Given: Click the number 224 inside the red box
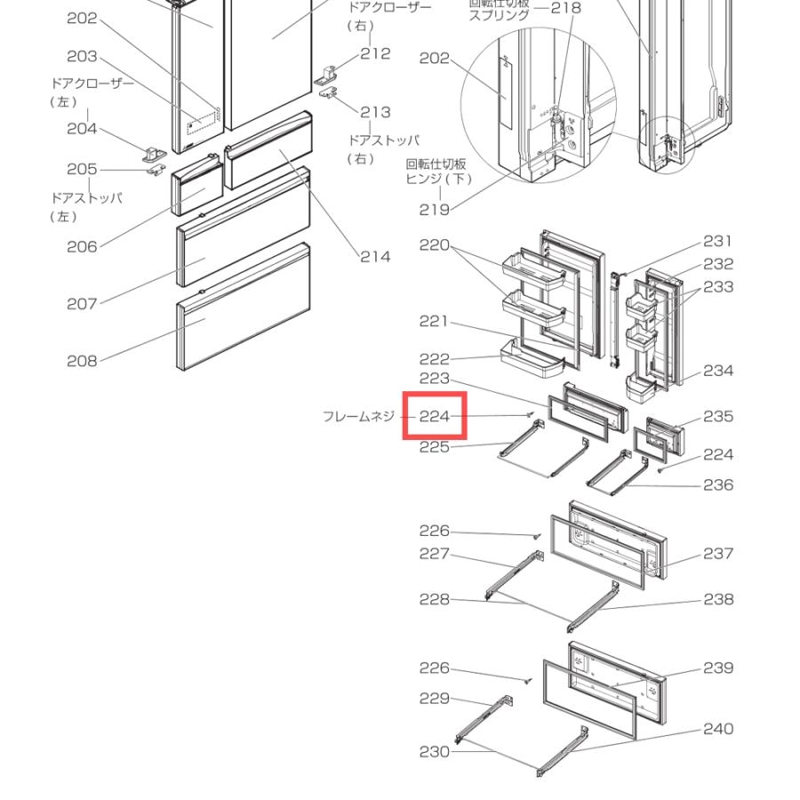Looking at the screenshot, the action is click(x=434, y=416).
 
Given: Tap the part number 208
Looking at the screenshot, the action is click(x=82, y=361).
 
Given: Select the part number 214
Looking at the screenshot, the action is click(x=375, y=257).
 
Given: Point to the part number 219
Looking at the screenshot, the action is click(x=434, y=210).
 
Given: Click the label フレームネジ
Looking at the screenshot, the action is click(x=359, y=416).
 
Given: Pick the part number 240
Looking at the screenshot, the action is click(x=718, y=729).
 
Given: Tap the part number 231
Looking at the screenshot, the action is click(x=718, y=241).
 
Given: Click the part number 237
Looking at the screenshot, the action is click(x=718, y=553).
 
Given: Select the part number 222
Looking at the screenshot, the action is click(x=434, y=359).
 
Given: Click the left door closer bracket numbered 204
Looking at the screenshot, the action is click(x=154, y=154).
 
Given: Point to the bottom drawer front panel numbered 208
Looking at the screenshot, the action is click(x=244, y=306).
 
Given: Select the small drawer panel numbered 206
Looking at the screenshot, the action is click(x=197, y=185).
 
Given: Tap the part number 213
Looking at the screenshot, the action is click(x=375, y=112).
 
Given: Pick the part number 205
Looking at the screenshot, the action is click(x=82, y=169).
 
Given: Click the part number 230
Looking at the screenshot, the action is click(x=434, y=751).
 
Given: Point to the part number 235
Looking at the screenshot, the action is click(x=718, y=416).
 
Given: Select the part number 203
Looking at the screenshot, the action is click(x=82, y=56).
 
